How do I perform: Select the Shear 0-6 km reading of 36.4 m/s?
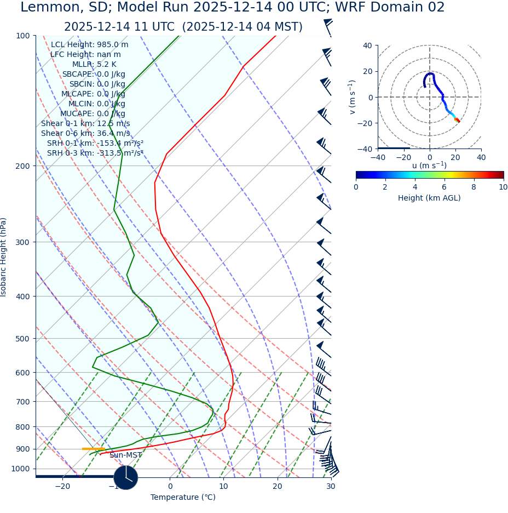85,133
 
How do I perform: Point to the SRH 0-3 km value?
95,153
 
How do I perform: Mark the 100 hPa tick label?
23,36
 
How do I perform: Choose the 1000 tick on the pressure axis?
20,469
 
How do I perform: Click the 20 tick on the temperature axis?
278,487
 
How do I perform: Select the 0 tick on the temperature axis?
170,487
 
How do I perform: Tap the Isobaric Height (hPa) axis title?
4,257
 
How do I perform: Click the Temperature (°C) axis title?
183,498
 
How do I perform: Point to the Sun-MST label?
125,455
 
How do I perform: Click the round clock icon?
126,477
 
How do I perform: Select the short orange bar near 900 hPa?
93,449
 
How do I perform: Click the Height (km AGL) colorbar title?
429,198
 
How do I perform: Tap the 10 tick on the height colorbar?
503,187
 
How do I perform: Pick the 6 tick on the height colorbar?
444,187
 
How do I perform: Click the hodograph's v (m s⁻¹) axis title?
353,97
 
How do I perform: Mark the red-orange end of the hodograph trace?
458,120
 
